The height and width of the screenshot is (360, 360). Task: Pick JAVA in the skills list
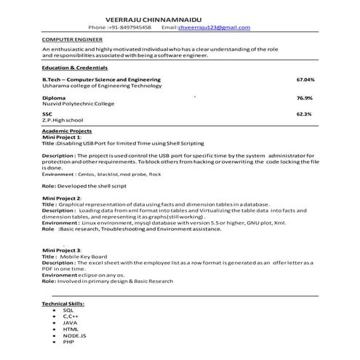point(70,322)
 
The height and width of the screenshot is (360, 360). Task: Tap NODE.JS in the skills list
point(75,335)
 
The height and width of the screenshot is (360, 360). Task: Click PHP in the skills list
point(68,342)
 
